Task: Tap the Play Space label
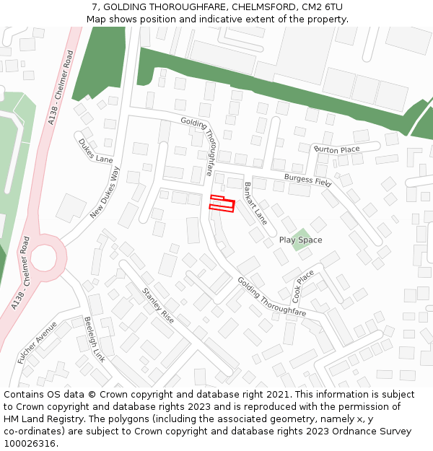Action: pyautogui.click(x=300, y=240)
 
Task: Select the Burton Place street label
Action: pyautogui.click(x=336, y=149)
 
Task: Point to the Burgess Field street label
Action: pyautogui.click(x=307, y=180)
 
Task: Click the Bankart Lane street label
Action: pyautogui.click(x=255, y=203)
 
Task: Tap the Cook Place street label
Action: pyautogui.click(x=303, y=286)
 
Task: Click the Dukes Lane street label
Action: pyautogui.click(x=96, y=151)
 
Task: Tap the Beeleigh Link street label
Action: pyautogui.click(x=95, y=339)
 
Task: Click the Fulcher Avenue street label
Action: pyautogui.click(x=37, y=341)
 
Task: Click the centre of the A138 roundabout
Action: pyautogui.click(x=43, y=257)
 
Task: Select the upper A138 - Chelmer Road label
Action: pyautogui.click(x=61, y=87)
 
